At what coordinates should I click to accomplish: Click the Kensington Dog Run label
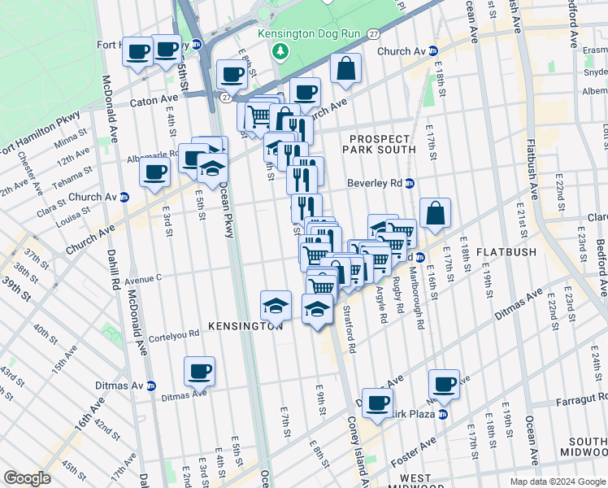tap(305, 34)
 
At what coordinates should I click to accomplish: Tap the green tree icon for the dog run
tap(281, 51)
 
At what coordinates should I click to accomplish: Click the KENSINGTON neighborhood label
tap(245, 325)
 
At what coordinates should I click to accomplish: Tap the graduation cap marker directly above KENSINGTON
tap(276, 306)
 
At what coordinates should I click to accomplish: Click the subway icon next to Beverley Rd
tap(410, 183)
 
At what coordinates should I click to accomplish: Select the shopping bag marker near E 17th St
tap(436, 213)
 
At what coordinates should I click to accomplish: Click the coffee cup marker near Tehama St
tap(154, 172)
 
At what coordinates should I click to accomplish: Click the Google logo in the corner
tap(28, 478)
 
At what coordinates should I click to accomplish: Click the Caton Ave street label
tap(154, 104)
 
